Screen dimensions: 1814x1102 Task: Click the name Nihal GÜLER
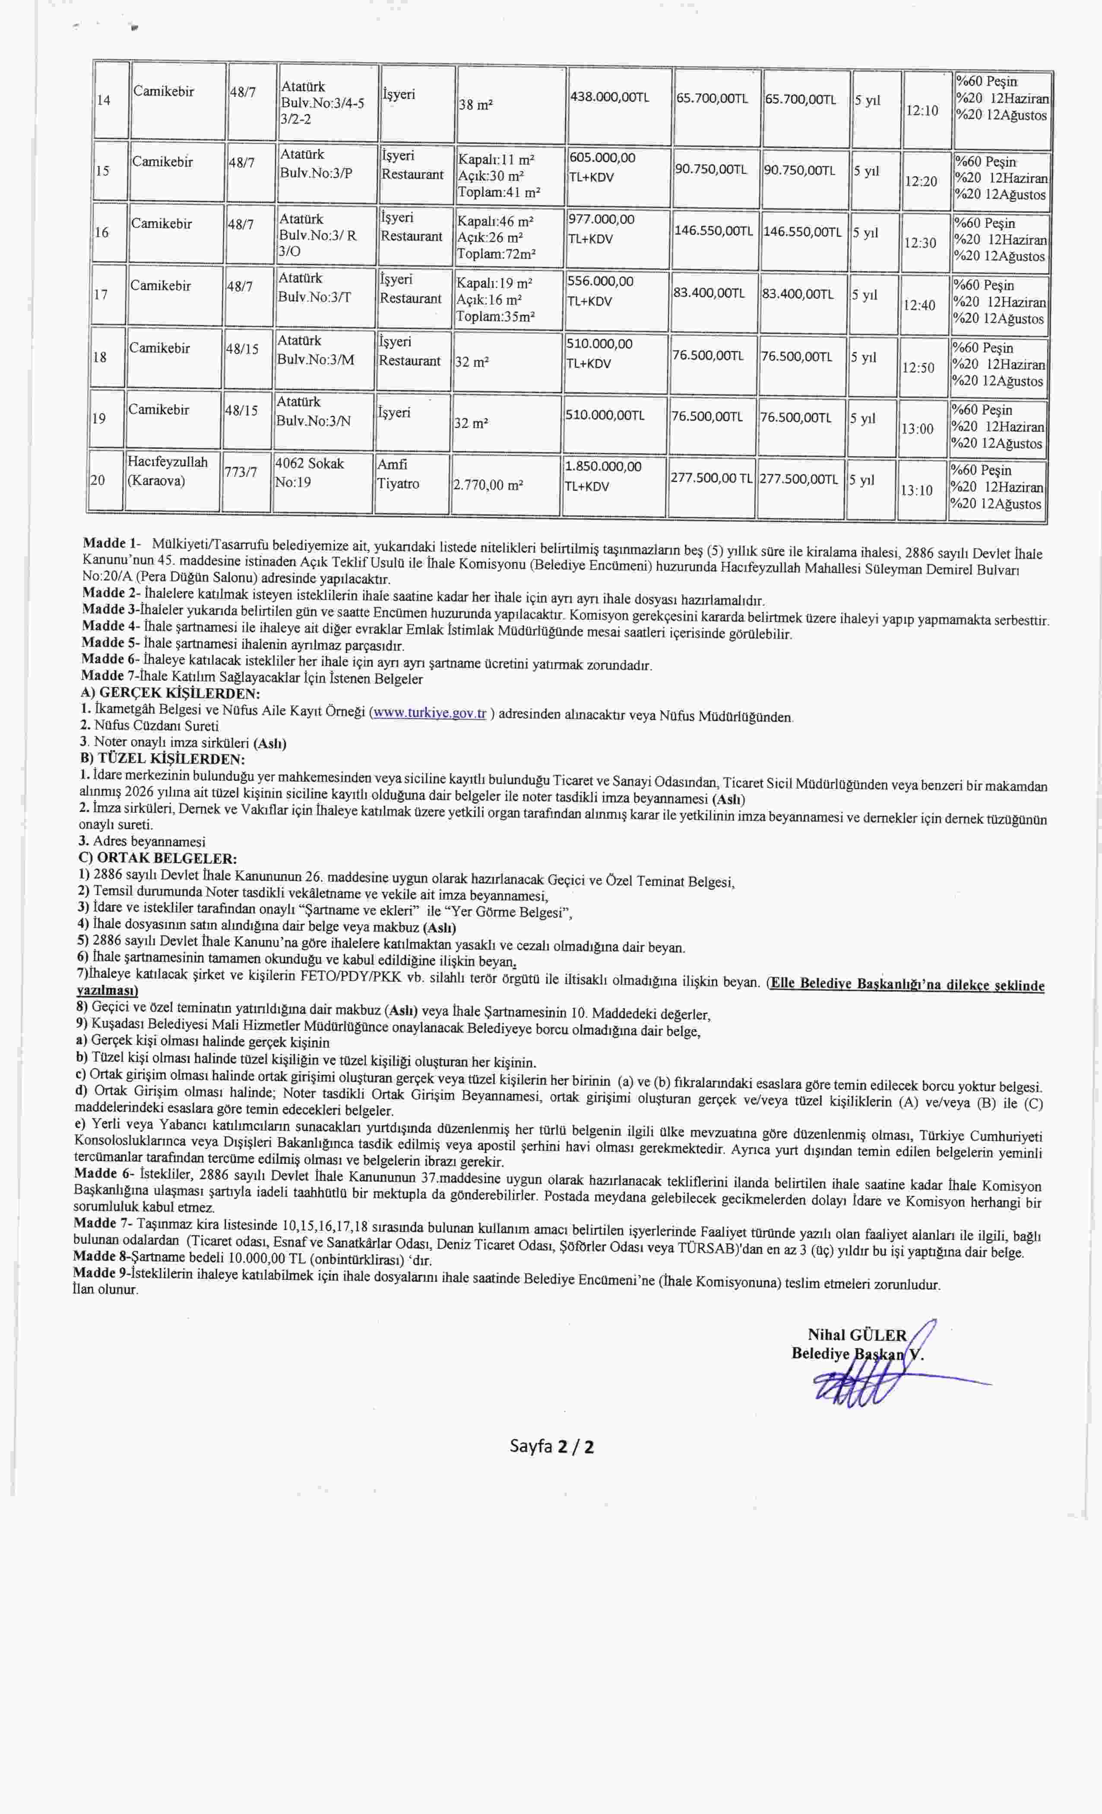tap(856, 1335)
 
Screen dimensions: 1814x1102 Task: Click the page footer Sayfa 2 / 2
tap(551, 1446)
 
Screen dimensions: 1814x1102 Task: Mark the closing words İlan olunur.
tap(105, 1290)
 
